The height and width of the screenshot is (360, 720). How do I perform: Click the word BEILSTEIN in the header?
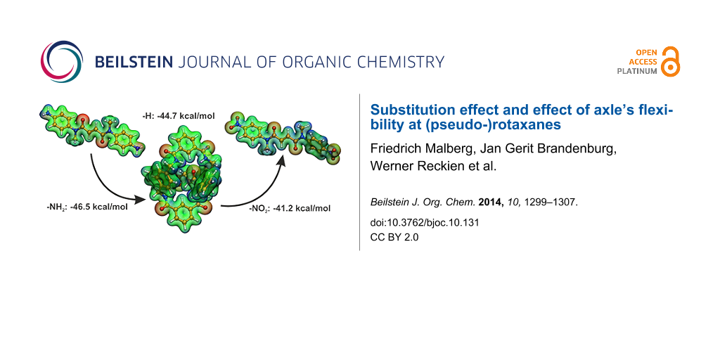(x=134, y=62)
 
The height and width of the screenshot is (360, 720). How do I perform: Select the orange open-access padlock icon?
(x=671, y=62)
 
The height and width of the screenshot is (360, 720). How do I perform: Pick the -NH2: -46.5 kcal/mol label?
(x=88, y=207)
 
